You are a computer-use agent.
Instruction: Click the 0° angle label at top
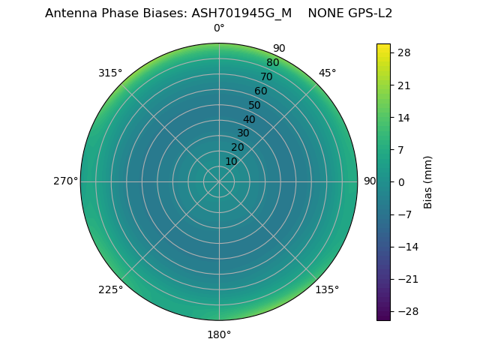point(219,28)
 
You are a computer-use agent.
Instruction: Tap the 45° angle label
point(327,73)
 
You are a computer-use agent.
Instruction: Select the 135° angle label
point(327,289)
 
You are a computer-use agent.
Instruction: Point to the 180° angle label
point(219,334)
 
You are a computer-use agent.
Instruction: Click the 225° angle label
point(110,289)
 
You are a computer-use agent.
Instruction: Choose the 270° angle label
point(65,181)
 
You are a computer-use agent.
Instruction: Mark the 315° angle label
point(110,73)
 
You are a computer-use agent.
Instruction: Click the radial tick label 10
point(231,161)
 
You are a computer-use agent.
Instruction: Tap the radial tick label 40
point(249,119)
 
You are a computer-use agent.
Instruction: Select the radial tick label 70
point(266,76)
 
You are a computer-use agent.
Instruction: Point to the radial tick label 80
point(272,63)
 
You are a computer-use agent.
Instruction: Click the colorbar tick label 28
point(403,52)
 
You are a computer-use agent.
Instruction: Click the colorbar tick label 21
point(403,85)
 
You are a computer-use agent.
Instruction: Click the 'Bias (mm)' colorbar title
point(428,181)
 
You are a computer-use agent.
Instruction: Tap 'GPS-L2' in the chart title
point(367,13)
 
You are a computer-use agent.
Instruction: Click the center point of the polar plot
point(219,181)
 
